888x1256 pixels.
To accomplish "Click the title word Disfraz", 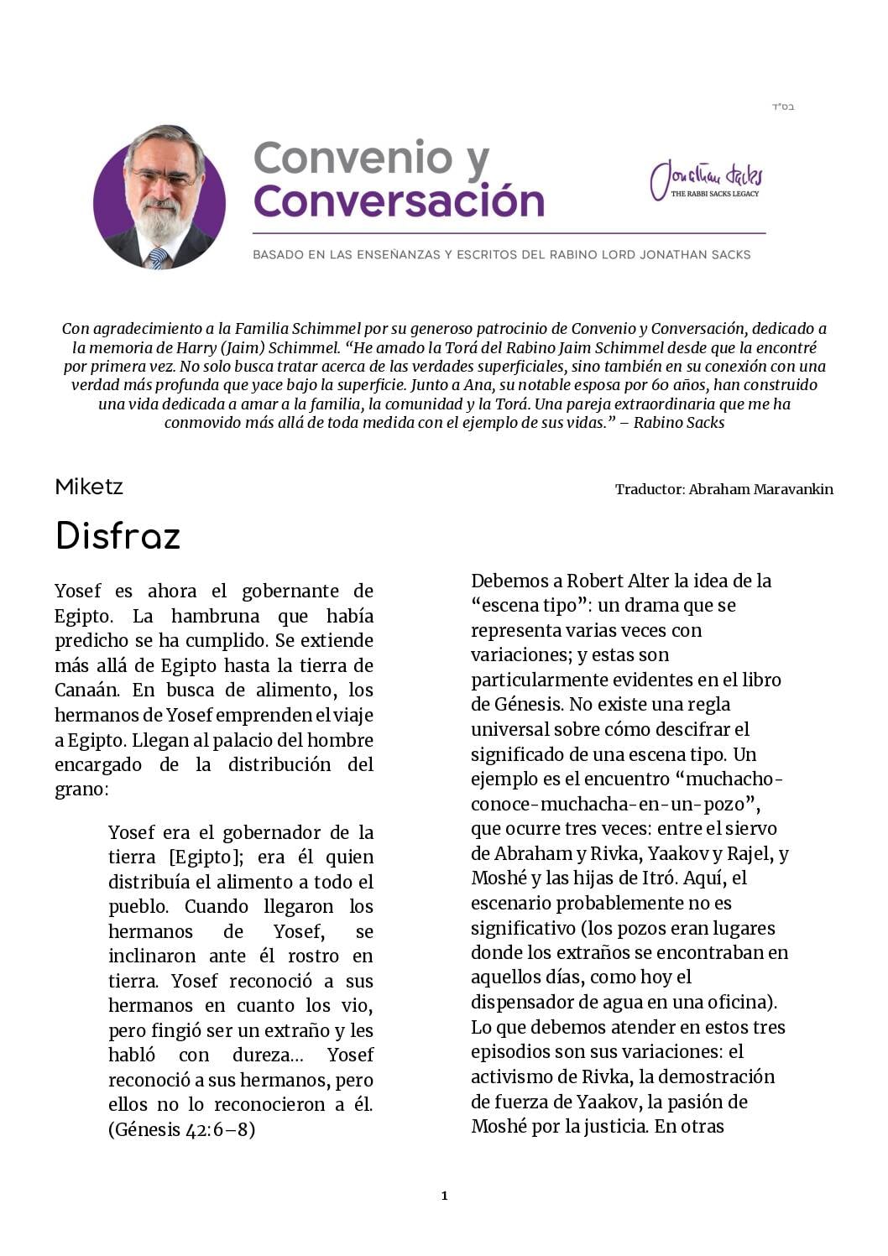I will (118, 536).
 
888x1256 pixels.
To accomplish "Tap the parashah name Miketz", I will (89, 487).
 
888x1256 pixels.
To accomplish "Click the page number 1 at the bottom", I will (444, 1196).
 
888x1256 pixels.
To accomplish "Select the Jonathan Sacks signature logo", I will (707, 180).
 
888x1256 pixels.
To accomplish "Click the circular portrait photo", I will (159, 198).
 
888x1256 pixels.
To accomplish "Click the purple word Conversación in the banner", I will (399, 201).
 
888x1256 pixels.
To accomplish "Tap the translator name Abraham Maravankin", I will (760, 489).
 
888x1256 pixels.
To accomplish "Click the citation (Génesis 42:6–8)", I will (181, 1129).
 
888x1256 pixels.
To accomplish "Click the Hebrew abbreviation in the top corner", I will (782, 107).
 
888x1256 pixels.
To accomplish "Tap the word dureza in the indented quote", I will (261, 1055).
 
